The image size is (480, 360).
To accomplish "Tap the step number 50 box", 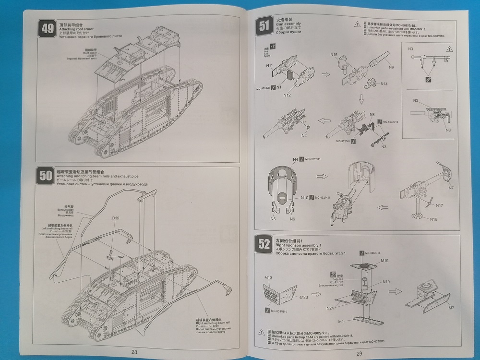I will pos(46,176).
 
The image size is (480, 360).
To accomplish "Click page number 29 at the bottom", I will pos(359,353).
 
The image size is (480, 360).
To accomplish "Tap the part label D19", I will pos(115,219).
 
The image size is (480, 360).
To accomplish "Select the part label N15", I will pos(334,55).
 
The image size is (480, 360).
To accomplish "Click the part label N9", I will pos(391,68).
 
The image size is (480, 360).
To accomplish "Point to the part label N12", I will pos(287,95).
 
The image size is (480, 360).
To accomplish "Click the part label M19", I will pos(384,261).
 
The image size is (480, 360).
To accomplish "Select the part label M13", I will pos(268,278).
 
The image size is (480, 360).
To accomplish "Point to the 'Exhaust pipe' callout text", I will pos(65,210).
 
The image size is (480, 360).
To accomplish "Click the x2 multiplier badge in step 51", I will pos(273,46).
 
